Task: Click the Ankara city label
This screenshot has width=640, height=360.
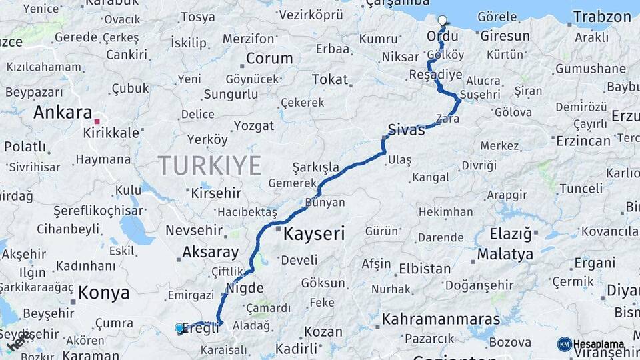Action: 62,112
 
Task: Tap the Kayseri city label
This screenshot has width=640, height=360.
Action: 314,234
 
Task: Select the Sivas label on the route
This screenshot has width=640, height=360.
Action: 406,129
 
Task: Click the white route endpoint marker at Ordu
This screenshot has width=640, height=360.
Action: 442,20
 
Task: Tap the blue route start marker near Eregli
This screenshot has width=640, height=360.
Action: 179,328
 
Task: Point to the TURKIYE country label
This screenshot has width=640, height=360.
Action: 209,165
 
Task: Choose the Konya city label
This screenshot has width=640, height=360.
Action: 103,292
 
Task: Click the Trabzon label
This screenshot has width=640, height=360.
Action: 602,17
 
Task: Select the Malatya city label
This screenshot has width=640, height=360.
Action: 505,254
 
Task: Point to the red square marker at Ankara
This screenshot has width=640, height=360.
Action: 97,121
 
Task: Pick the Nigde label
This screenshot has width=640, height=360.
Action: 245,289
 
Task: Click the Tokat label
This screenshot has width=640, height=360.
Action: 330,80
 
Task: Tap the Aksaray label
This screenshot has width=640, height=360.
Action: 210,252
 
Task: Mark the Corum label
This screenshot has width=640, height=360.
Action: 269,59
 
